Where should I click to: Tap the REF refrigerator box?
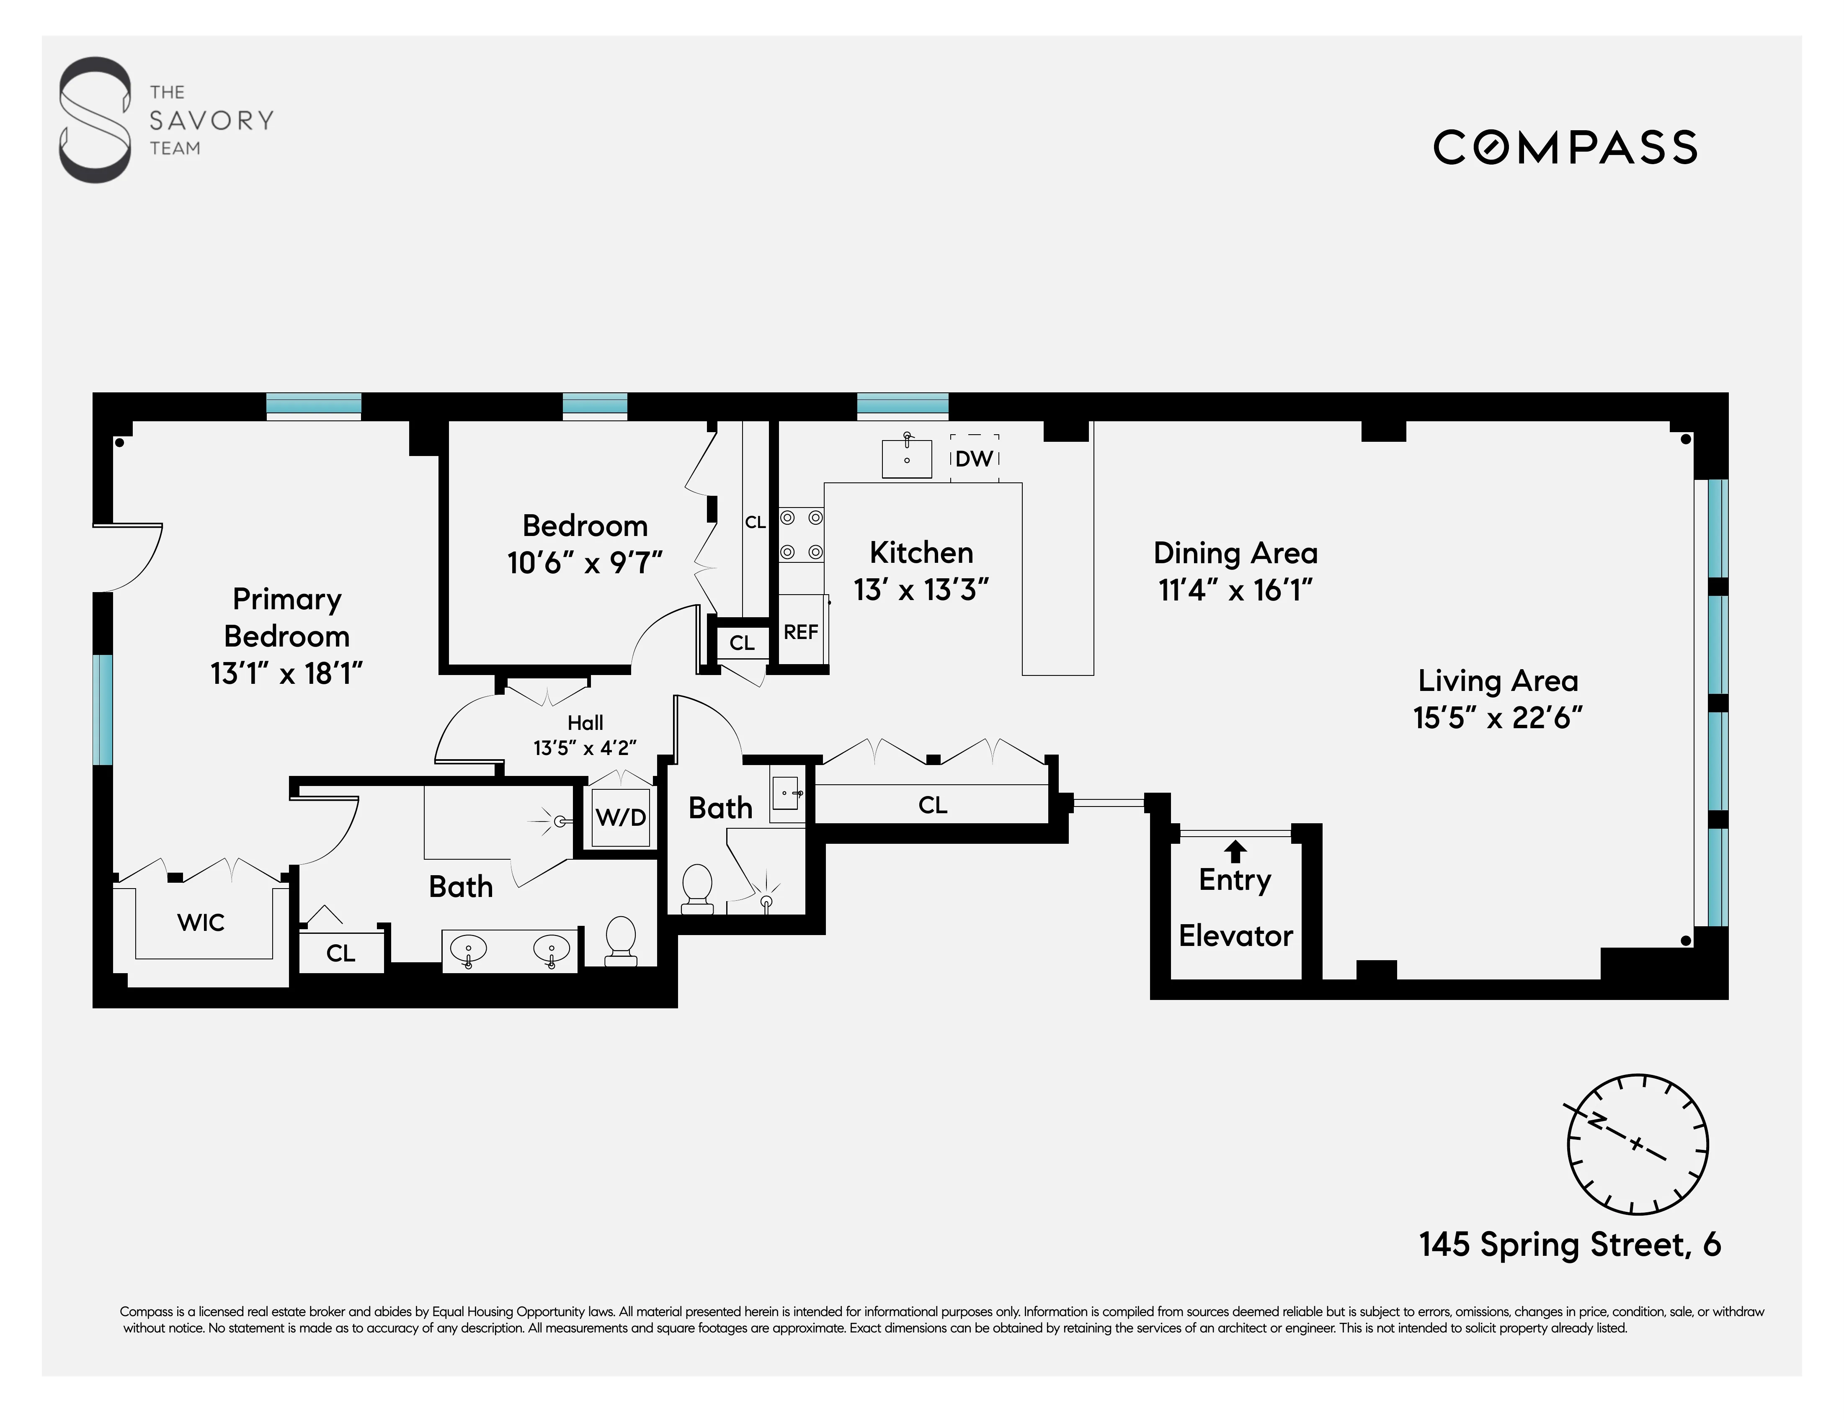(x=800, y=631)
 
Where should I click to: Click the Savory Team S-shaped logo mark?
(x=95, y=120)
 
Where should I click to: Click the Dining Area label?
(x=1235, y=553)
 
